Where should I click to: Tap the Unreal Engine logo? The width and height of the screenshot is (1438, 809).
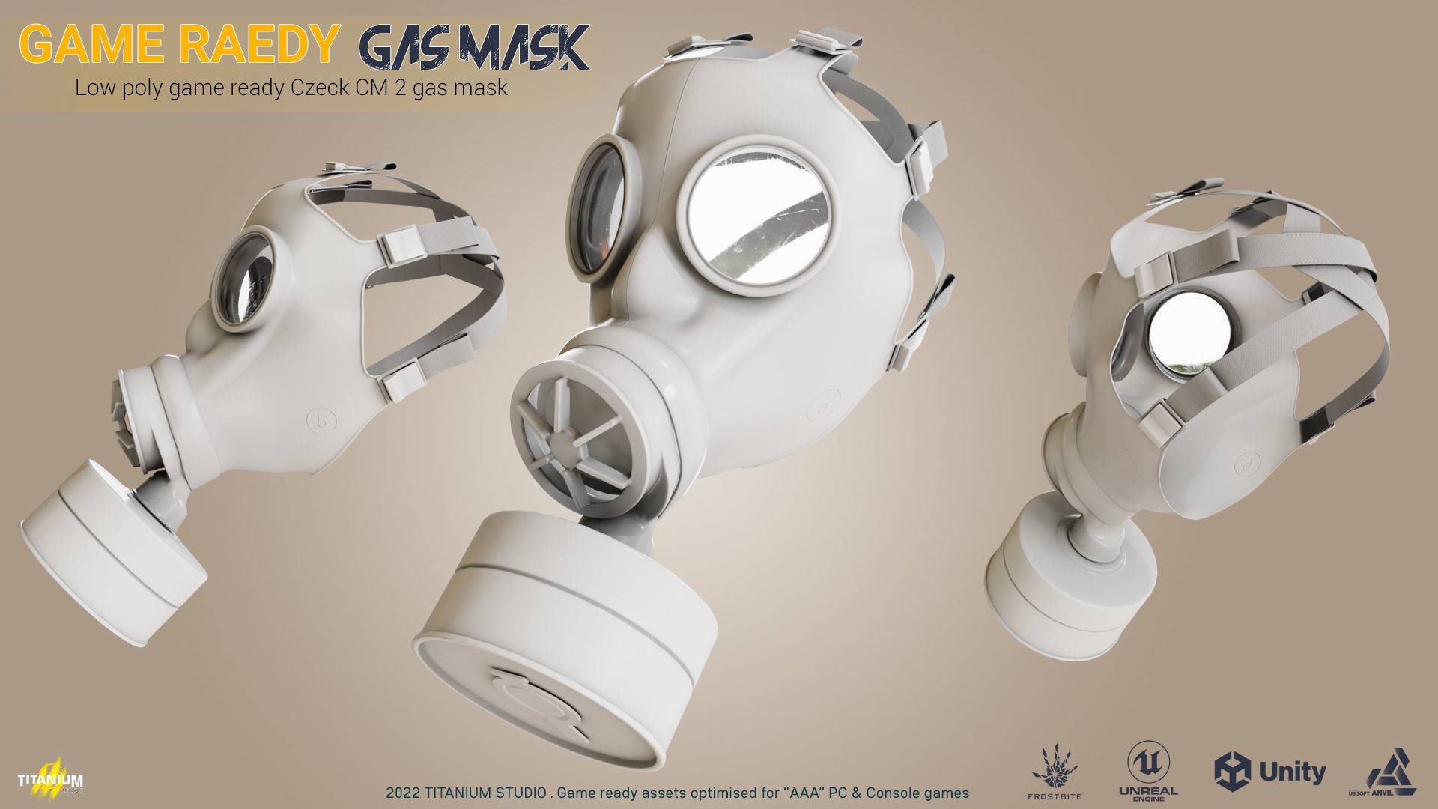click(1148, 770)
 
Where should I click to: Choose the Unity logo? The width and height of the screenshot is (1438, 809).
click(1269, 772)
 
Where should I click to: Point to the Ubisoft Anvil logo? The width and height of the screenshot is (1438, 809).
click(1391, 772)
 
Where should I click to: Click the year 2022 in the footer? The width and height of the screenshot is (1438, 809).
click(402, 793)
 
